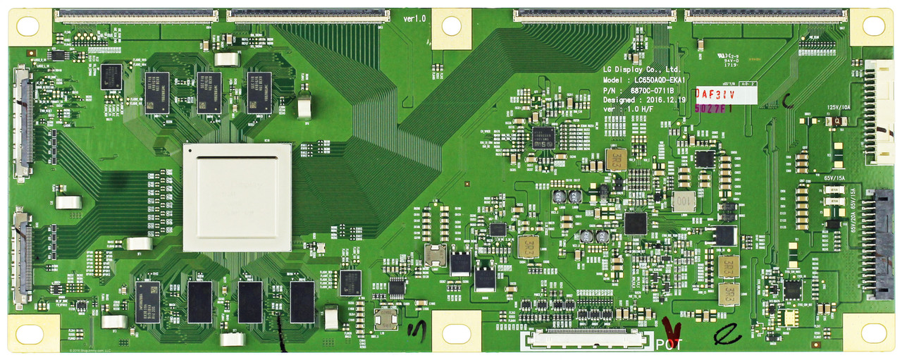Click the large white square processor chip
point(237,197)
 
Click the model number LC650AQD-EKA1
point(640,80)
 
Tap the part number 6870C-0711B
point(638,90)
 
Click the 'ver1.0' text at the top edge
point(414,18)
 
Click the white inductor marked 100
point(683,201)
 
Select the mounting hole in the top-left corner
point(27,27)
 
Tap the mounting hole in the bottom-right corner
point(873,332)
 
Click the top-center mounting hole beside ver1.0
point(451,27)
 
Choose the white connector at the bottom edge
point(583,340)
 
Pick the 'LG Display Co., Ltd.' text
point(641,70)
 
